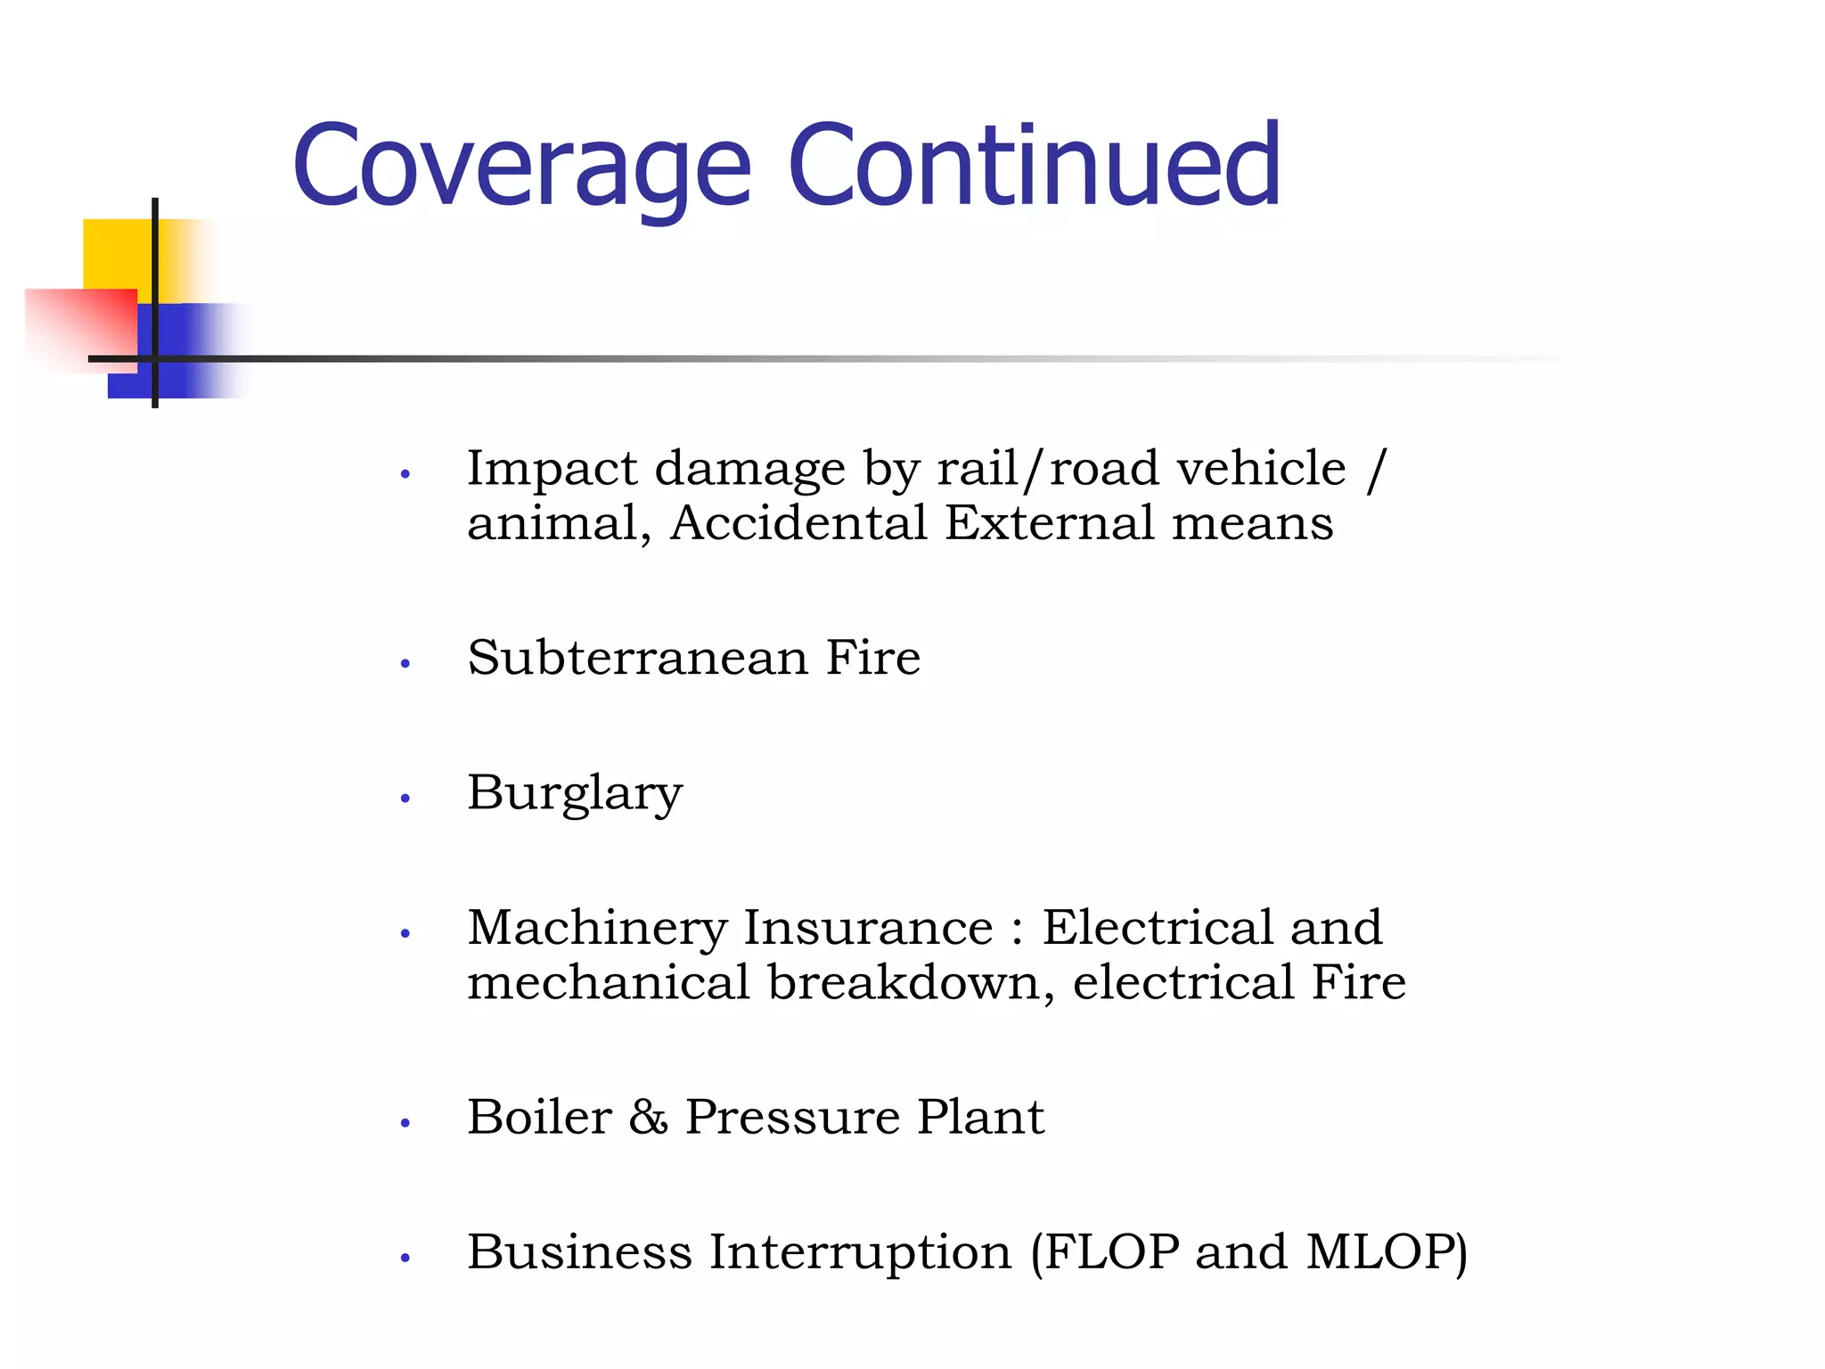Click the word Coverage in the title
522,167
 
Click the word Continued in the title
1034,167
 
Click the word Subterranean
637,659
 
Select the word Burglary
575,793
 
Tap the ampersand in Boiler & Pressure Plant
648,1118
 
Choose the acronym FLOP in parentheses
1111,1252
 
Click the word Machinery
596,930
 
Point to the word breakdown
904,983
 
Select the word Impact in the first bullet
552,470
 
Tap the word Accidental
798,523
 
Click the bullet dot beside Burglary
405,799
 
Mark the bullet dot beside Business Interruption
405,1258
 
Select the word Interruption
860,1252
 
